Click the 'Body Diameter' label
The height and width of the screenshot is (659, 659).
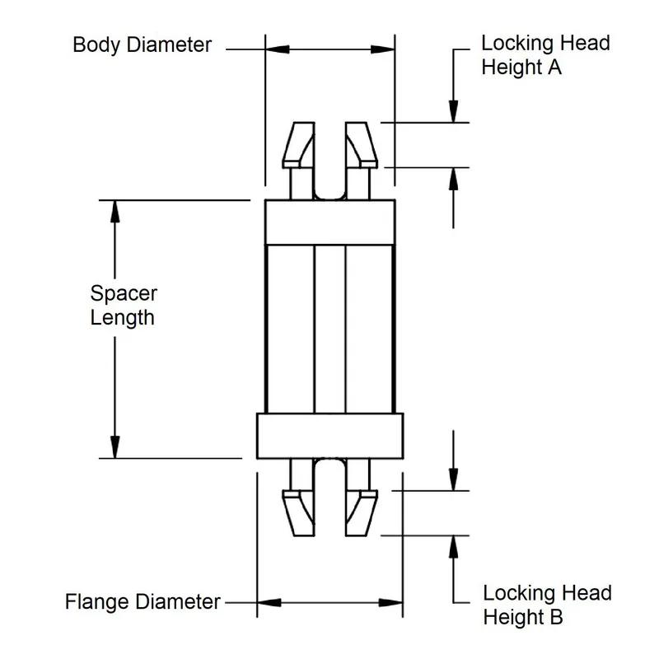(x=142, y=44)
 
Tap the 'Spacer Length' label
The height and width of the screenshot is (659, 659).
(x=123, y=305)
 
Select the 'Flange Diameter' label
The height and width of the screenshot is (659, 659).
(x=143, y=602)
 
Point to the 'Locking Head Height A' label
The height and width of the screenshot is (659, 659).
(x=545, y=55)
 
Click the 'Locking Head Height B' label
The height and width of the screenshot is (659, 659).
(x=547, y=605)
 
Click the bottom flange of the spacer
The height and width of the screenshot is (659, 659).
(x=329, y=435)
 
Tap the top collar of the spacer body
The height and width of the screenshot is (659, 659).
(x=329, y=222)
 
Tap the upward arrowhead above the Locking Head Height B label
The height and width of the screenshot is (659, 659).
(x=452, y=545)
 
